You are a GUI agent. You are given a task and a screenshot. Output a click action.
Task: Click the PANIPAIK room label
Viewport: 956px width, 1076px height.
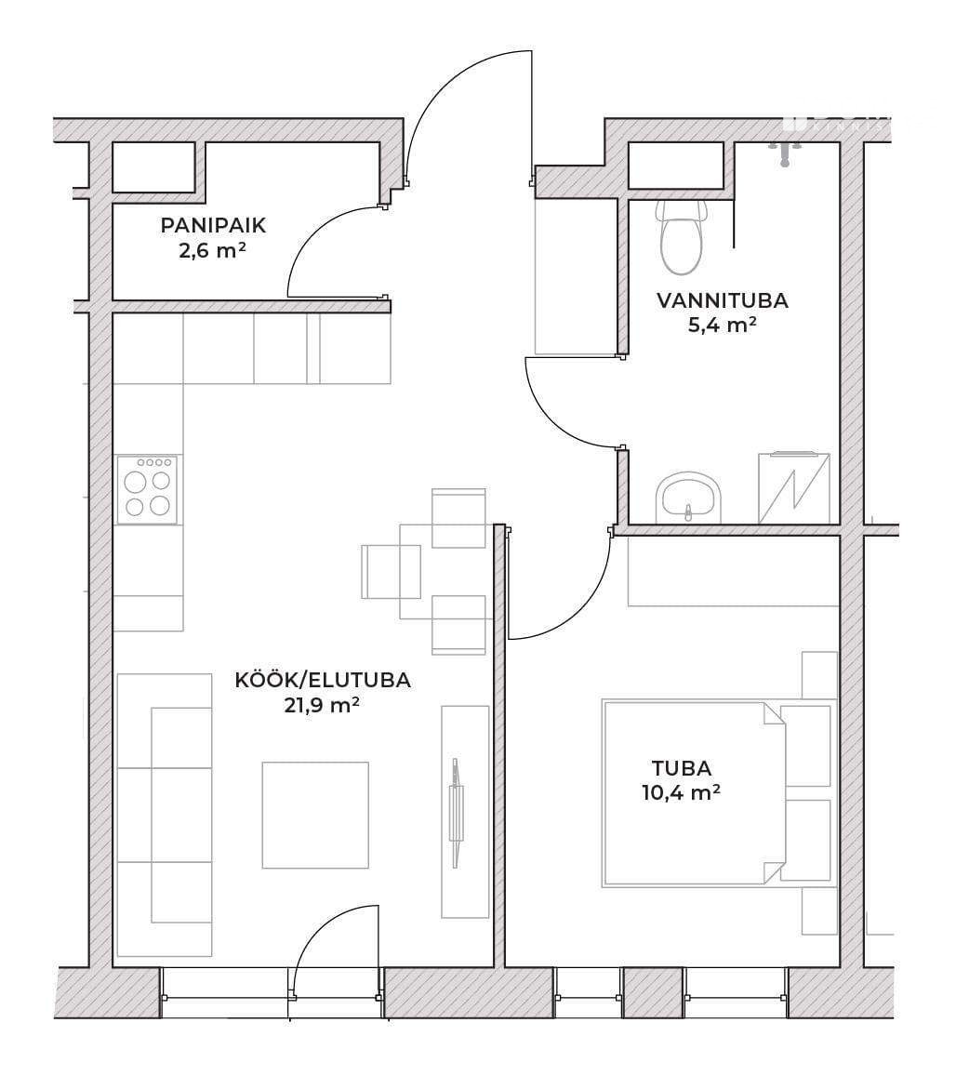213,225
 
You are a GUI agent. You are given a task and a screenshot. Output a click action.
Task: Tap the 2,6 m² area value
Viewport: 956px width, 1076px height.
213,250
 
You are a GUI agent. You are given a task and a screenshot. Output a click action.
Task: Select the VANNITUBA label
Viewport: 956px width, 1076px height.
722,300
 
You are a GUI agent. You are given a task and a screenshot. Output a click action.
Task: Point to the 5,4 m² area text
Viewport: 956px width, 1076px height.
722,325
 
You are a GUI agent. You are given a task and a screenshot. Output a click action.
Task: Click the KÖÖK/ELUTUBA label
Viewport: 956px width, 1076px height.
323,680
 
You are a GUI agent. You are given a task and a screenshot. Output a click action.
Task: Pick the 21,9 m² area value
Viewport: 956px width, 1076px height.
323,705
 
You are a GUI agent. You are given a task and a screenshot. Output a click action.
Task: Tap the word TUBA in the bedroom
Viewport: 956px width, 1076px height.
682,768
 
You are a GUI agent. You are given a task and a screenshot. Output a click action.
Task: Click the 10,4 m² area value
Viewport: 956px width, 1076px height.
682,792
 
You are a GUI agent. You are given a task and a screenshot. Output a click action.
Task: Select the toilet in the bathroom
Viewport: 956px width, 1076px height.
681,236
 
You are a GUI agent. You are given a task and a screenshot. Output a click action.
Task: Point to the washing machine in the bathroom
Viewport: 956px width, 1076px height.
794,488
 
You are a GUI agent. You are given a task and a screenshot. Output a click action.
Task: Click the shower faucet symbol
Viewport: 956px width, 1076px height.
785,153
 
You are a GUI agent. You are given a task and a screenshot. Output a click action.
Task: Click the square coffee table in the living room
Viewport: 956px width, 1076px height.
315,816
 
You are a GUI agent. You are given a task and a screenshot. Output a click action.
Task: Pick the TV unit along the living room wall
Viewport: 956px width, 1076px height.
465,811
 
